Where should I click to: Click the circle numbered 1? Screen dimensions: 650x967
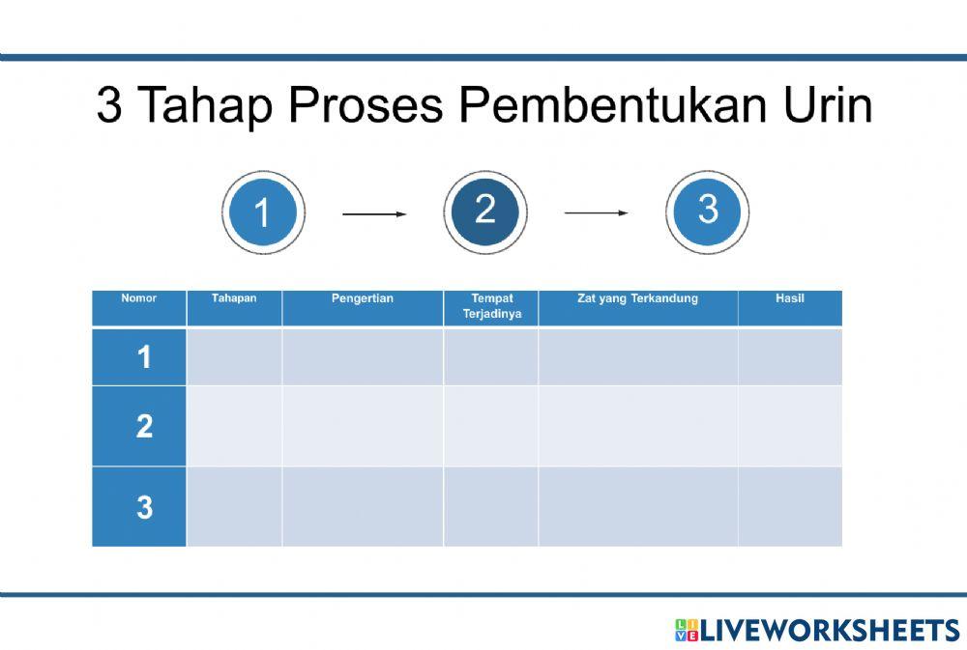pyautogui.click(x=263, y=212)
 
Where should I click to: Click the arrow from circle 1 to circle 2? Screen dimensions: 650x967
pyautogui.click(x=374, y=214)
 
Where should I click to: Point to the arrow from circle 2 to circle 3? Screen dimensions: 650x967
pyautogui.click(x=597, y=213)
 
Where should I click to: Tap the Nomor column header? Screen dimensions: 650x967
pyautogui.click(x=139, y=299)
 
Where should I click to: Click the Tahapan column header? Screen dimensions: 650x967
pyautogui.click(x=234, y=299)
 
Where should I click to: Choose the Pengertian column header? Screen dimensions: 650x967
pyautogui.click(x=363, y=299)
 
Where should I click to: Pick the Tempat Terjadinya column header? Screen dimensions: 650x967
pyautogui.click(x=491, y=306)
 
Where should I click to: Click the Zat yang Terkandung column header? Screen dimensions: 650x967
pyautogui.click(x=637, y=299)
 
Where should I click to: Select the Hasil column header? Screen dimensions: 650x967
pyautogui.click(x=789, y=299)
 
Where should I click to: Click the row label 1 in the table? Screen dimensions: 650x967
pyautogui.click(x=144, y=358)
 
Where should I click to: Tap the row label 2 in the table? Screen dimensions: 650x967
pyautogui.click(x=144, y=427)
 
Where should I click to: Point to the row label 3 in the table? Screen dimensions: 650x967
pyautogui.click(x=144, y=508)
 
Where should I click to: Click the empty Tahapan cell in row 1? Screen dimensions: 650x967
pyautogui.click(x=234, y=357)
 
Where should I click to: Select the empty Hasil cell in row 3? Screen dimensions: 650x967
pyautogui.click(x=789, y=507)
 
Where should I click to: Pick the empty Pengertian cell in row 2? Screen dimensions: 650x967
pyautogui.click(x=363, y=427)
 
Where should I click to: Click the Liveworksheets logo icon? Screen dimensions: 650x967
pyautogui.click(x=686, y=631)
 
